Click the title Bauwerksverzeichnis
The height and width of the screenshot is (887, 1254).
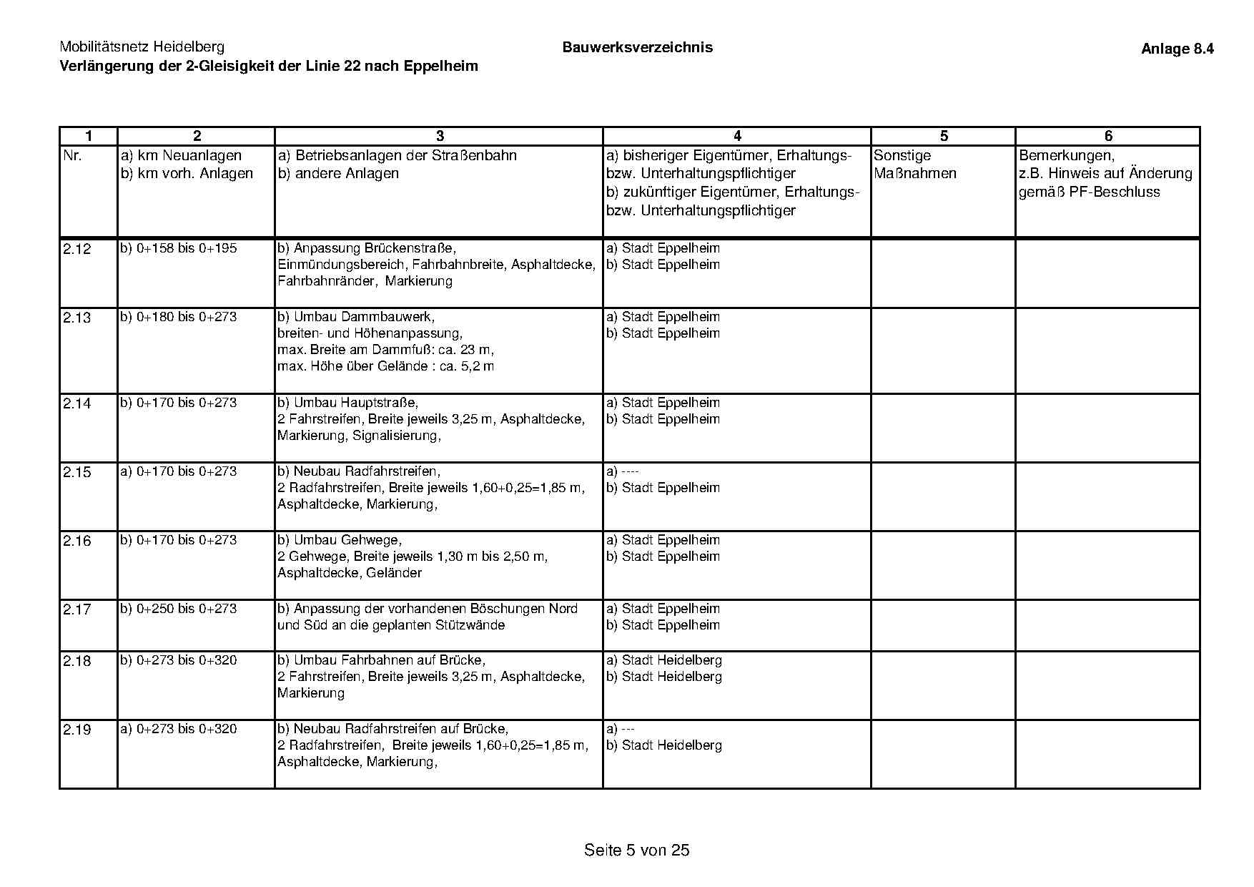637,47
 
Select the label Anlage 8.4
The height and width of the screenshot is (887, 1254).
1177,49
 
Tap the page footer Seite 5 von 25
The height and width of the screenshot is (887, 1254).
636,850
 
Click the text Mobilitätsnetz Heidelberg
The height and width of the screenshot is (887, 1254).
142,47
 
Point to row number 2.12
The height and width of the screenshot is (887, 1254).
77,249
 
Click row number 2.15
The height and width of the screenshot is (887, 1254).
77,472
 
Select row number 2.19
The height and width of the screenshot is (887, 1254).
77,730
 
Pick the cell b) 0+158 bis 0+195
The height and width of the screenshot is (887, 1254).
179,248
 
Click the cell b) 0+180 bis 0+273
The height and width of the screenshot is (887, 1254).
179,317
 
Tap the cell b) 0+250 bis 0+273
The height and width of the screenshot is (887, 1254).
179,609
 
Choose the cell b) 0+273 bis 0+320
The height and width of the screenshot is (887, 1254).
179,660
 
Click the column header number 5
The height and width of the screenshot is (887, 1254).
944,136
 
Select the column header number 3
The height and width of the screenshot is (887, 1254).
440,136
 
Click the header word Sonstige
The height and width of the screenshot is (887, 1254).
902,155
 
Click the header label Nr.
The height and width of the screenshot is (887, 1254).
73,155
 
